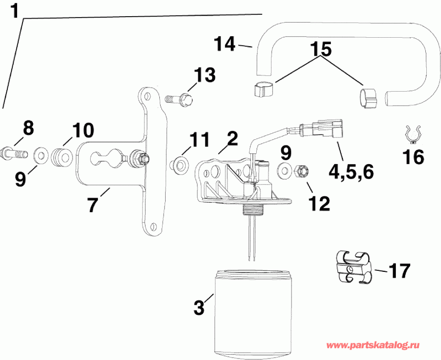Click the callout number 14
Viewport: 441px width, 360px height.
pyautogui.click(x=226, y=45)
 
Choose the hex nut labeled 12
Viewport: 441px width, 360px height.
pyautogui.click(x=303, y=171)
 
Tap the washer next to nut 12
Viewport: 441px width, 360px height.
pyautogui.click(x=284, y=170)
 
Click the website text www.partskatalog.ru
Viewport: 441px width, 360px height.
pyautogui.click(x=374, y=345)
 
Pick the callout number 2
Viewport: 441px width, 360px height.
pyautogui.click(x=231, y=139)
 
